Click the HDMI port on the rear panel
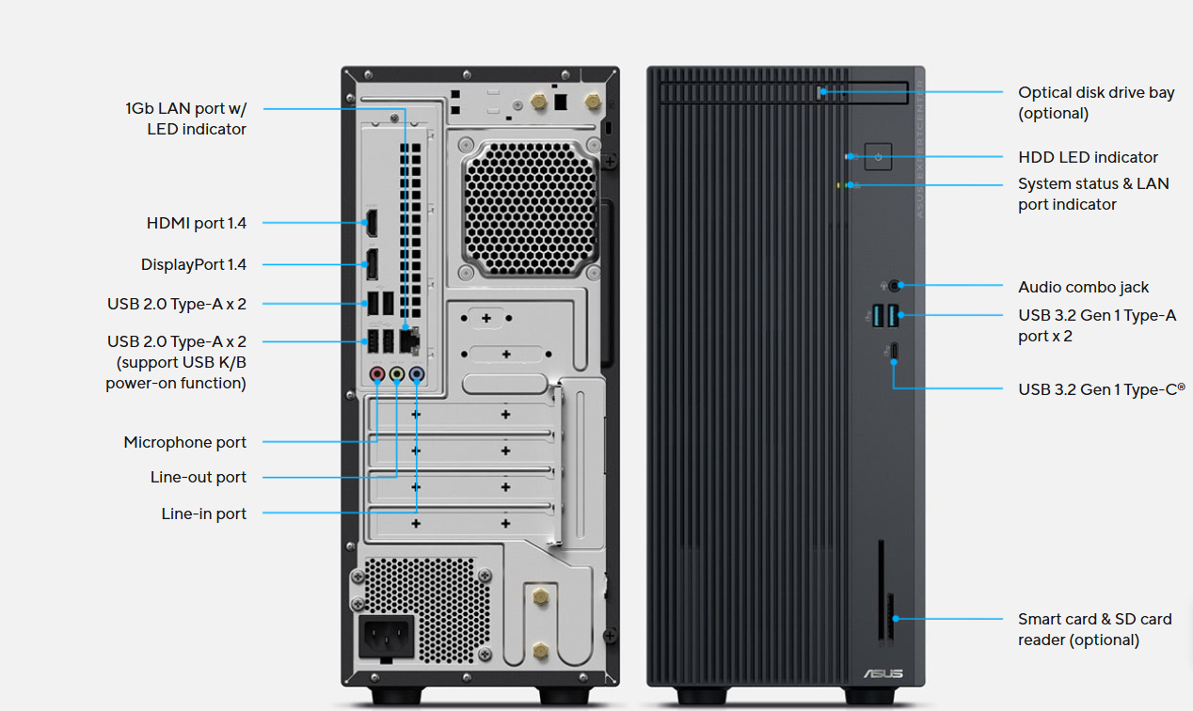(x=371, y=224)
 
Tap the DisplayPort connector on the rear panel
(x=372, y=264)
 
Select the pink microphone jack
(x=377, y=374)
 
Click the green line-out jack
(x=397, y=374)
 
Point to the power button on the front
(x=878, y=156)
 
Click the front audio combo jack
(x=894, y=284)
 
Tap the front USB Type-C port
(x=895, y=352)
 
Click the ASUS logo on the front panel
(x=883, y=673)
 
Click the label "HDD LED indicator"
(x=1088, y=157)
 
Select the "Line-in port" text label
(x=203, y=513)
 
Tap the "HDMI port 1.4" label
(x=196, y=223)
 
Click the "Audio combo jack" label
(x=1083, y=287)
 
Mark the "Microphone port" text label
(x=184, y=442)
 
